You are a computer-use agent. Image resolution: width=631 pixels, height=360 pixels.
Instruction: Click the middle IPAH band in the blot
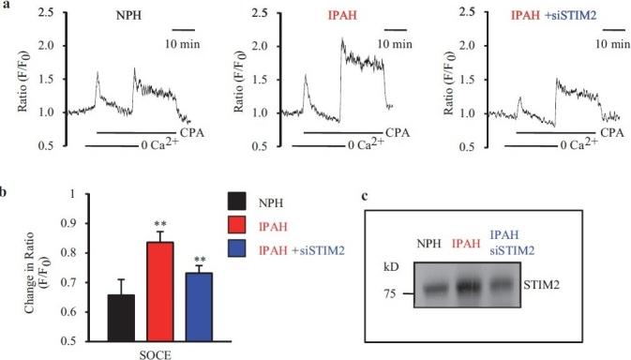tap(466, 284)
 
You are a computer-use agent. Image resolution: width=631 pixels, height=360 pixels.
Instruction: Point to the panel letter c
tap(364, 199)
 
